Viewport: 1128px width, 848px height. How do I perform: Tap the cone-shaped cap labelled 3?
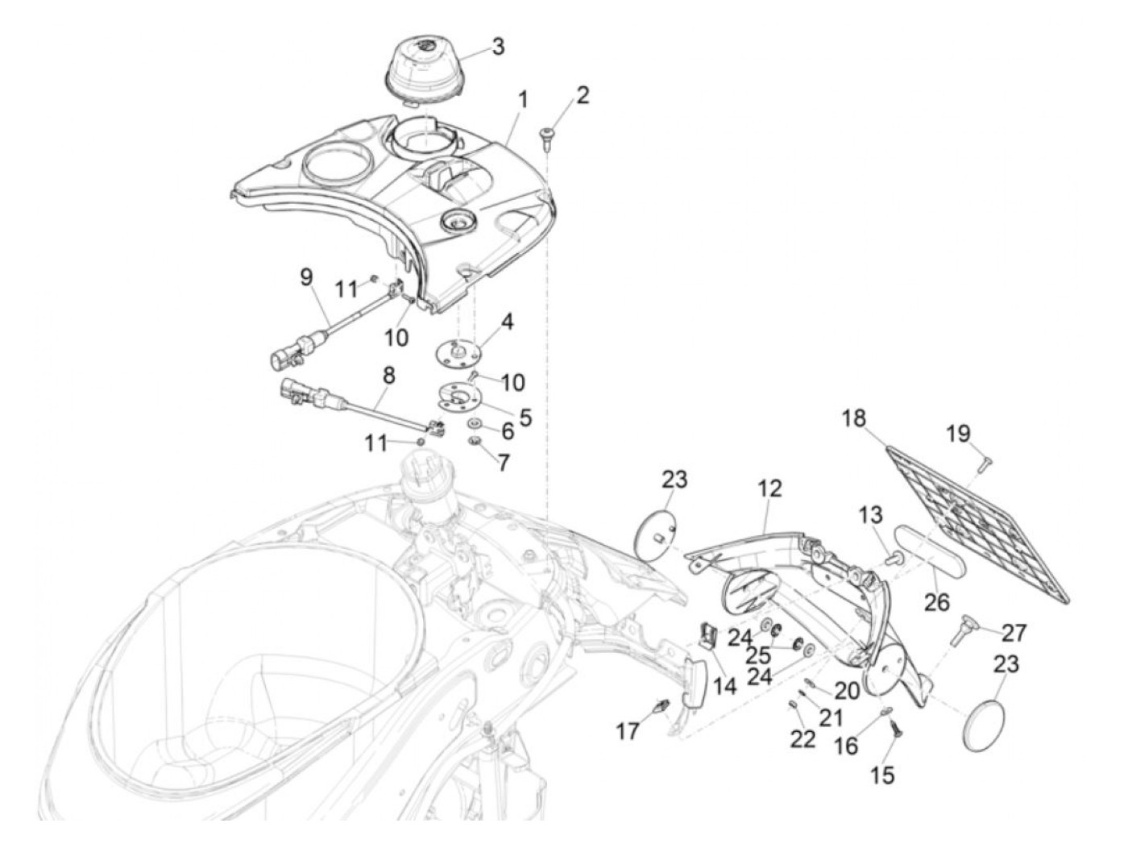pos(423,68)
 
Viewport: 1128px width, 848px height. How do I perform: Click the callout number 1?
pos(523,101)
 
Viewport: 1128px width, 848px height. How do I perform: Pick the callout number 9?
pos(306,277)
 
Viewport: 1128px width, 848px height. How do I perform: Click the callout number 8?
pos(389,375)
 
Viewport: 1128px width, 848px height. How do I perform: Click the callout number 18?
pos(854,419)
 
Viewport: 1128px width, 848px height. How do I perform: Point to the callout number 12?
pos(769,488)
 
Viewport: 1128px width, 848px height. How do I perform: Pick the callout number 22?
pos(802,738)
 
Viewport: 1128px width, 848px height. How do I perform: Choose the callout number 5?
pos(525,417)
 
